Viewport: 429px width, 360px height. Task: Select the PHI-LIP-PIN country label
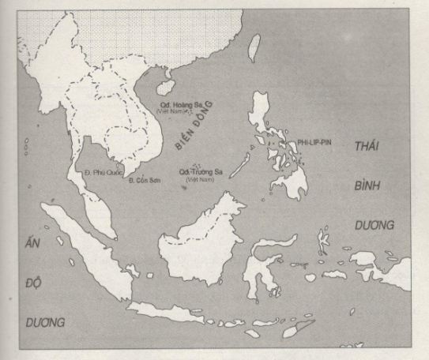click(315, 141)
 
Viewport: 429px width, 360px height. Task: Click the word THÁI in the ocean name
click(371, 148)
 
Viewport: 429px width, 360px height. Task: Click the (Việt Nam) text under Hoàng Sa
click(198, 113)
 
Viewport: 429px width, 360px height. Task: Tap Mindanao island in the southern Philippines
click(299, 178)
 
